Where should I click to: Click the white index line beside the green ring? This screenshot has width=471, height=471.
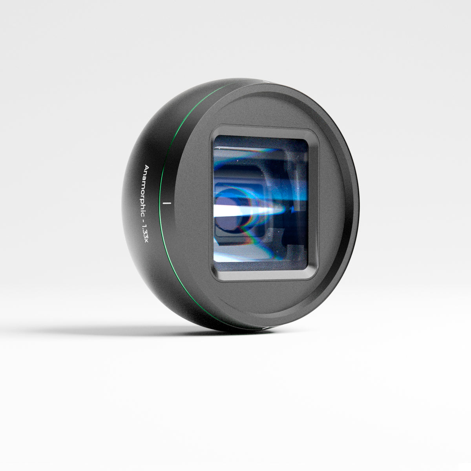[x=168, y=203]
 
